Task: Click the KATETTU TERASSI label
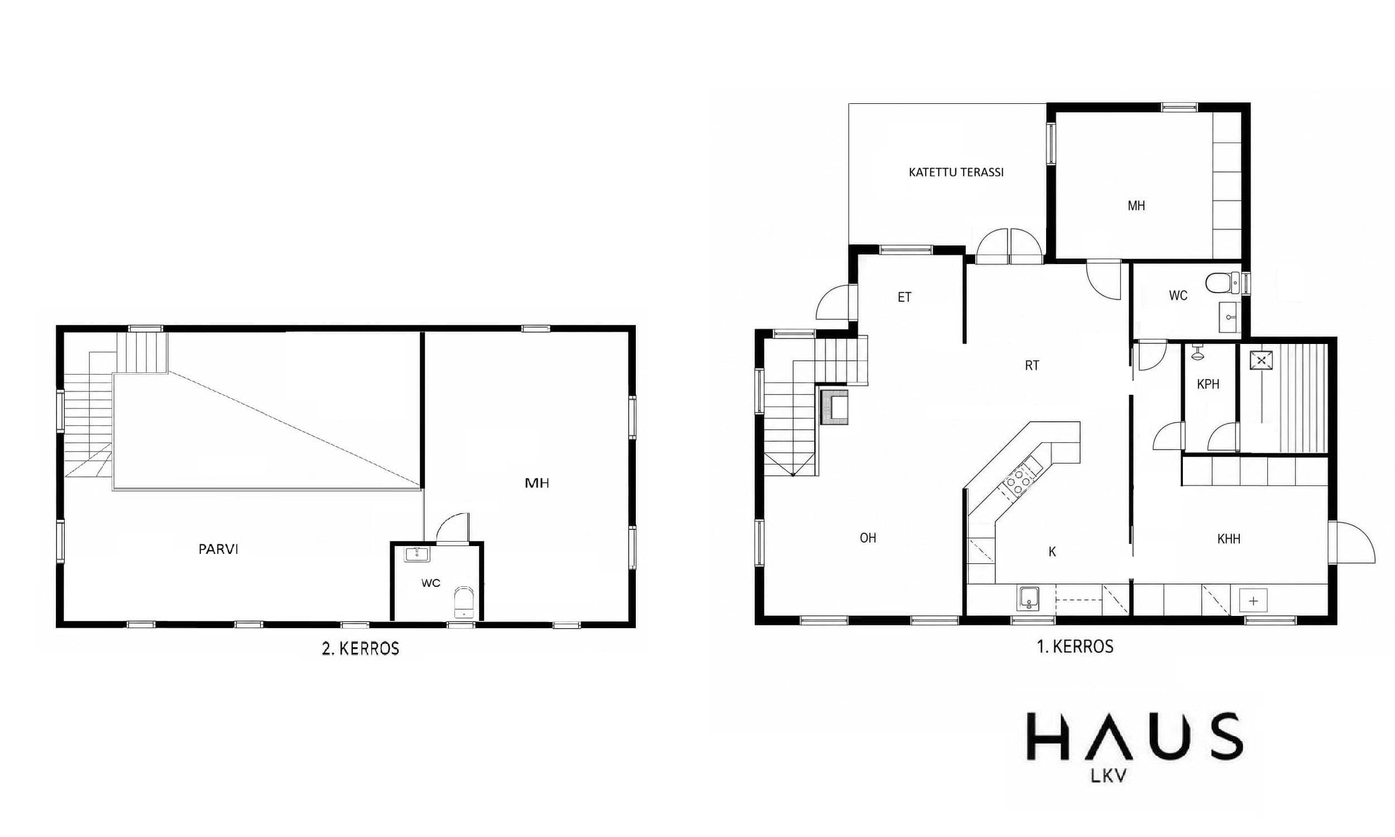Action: coord(956,173)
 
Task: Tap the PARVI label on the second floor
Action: coord(218,549)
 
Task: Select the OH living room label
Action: coord(868,538)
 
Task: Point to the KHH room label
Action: coord(1229,539)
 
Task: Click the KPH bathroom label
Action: coord(1208,384)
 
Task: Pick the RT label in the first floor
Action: coord(1032,366)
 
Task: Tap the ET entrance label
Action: coord(904,297)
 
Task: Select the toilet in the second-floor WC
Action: coord(464,602)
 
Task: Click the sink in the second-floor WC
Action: coord(417,554)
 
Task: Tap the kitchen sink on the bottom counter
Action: coord(1028,599)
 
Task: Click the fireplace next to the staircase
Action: coord(834,406)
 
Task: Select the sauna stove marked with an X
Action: coord(1262,360)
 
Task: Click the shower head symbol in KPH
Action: coord(1197,353)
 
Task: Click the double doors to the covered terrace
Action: coord(1009,246)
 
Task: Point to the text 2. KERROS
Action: coord(360,649)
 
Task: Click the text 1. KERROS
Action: coord(1075,647)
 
